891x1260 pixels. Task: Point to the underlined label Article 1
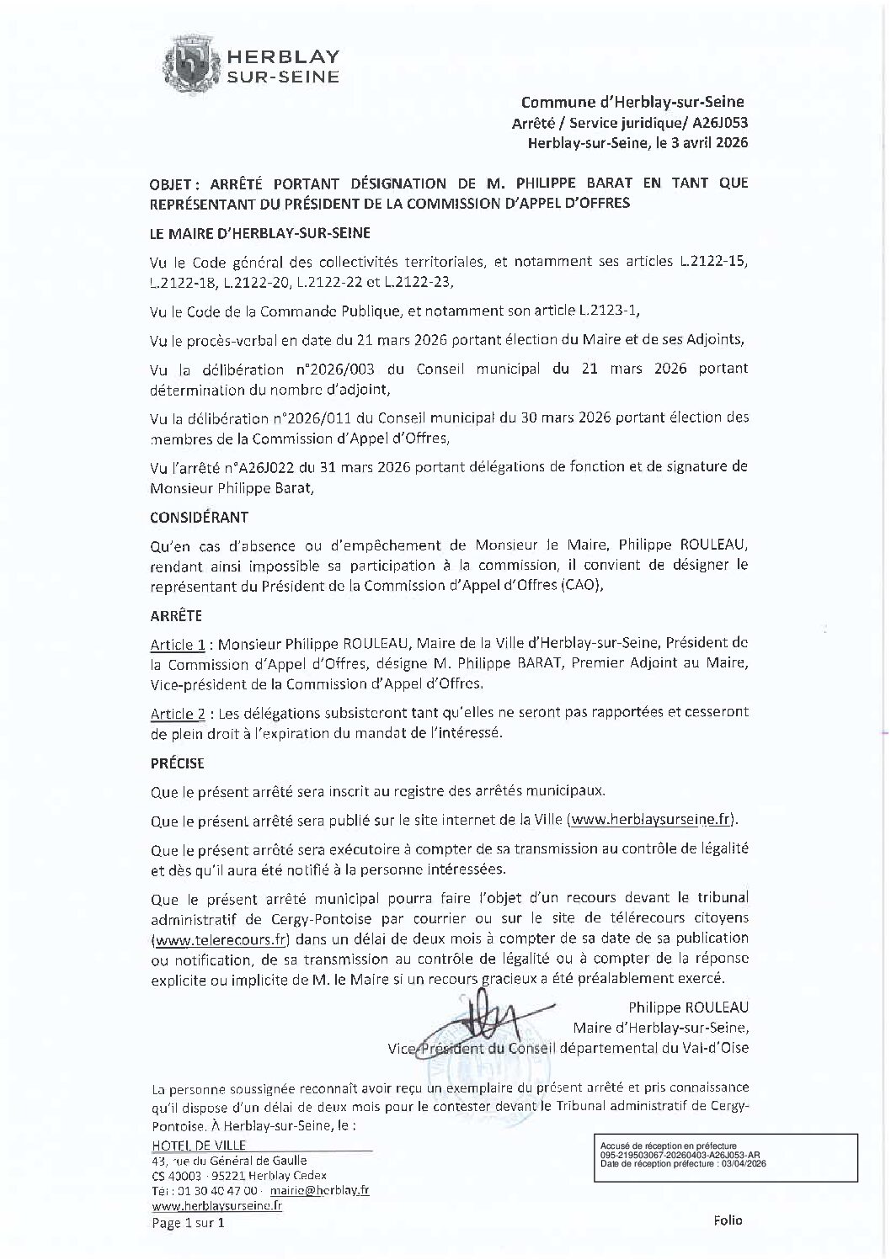click(178, 644)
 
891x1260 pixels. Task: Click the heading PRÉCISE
click(177, 763)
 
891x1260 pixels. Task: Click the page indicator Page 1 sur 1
click(188, 1224)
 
